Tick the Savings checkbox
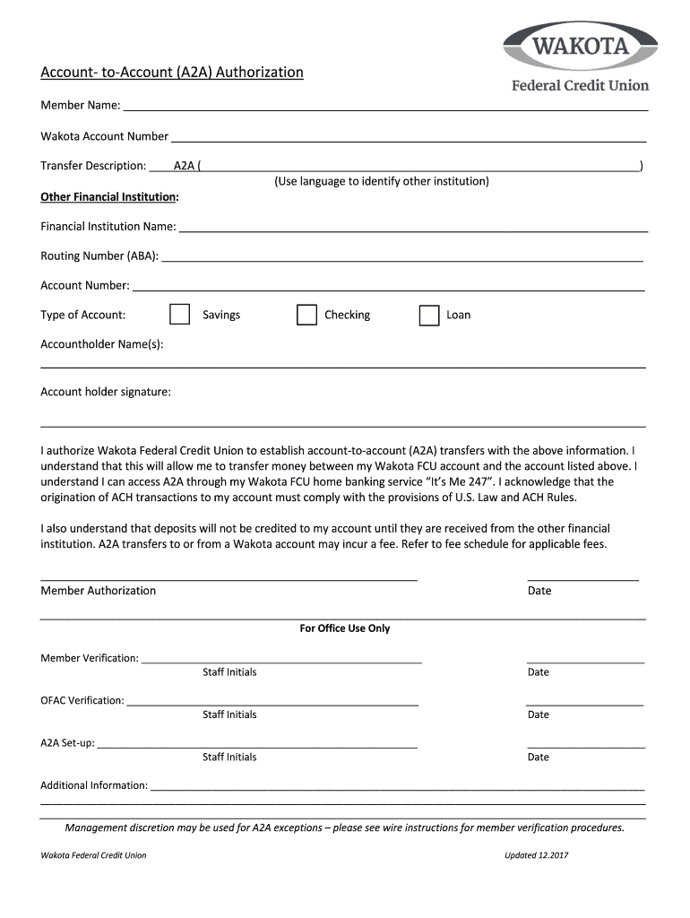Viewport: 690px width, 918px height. click(x=180, y=315)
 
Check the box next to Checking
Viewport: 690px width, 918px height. click(x=306, y=315)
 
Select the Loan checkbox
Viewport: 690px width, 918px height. click(x=429, y=315)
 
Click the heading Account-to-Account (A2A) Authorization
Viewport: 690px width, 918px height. click(x=172, y=72)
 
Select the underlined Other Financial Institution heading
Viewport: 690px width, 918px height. click(x=109, y=196)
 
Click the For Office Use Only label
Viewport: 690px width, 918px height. click(x=345, y=628)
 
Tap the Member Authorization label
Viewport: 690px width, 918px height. click(x=99, y=591)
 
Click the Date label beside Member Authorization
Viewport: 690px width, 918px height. click(x=539, y=591)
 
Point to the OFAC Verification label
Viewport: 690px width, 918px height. click(x=82, y=700)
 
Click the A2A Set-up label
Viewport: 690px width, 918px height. click(x=67, y=743)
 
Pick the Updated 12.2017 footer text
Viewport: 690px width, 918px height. click(x=537, y=855)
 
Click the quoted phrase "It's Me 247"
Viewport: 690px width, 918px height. click(x=459, y=481)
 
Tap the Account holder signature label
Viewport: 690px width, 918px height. click(x=106, y=392)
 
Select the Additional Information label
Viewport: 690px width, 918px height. click(x=94, y=785)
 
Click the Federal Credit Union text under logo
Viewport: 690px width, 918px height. click(x=580, y=85)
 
